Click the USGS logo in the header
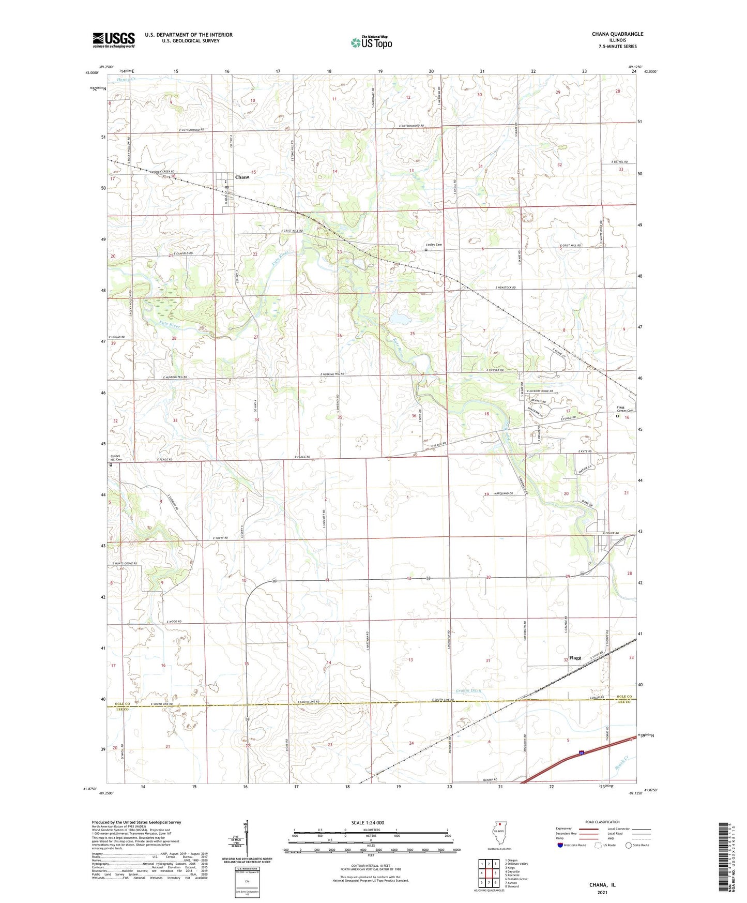pos(114,39)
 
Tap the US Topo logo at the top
pos(371,42)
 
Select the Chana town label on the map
pos(242,177)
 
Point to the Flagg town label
pos(575,658)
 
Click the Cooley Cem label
pos(434,245)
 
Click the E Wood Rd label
pos(174,622)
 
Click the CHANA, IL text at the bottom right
pos(602,885)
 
